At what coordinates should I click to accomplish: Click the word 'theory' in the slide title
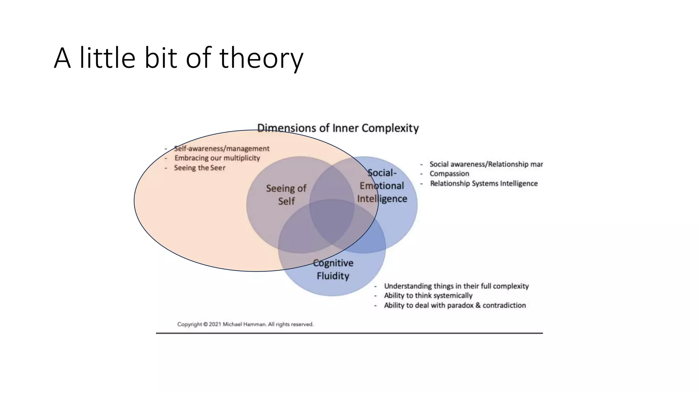pyautogui.click(x=261, y=58)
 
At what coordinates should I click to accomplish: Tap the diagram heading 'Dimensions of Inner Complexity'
pyautogui.click(x=338, y=128)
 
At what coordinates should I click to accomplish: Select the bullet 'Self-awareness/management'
pyautogui.click(x=222, y=148)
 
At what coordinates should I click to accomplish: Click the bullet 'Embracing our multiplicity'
pyautogui.click(x=217, y=158)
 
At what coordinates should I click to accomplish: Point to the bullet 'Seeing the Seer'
pyautogui.click(x=200, y=168)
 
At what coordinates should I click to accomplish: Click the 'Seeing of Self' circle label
pyautogui.click(x=286, y=194)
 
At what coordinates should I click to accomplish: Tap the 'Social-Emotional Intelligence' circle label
pyautogui.click(x=382, y=186)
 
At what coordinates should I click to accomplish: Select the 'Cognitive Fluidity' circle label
pyautogui.click(x=333, y=269)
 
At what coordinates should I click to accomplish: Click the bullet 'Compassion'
pyautogui.click(x=449, y=174)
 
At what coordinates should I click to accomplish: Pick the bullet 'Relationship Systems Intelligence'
pyautogui.click(x=484, y=184)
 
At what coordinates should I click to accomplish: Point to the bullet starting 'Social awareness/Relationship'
pyautogui.click(x=486, y=164)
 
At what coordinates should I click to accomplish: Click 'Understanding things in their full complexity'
pyautogui.click(x=456, y=286)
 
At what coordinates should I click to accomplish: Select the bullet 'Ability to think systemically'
pyautogui.click(x=428, y=295)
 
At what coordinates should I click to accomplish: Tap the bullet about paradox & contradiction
pyautogui.click(x=455, y=305)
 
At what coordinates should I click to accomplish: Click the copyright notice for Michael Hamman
pyautogui.click(x=245, y=324)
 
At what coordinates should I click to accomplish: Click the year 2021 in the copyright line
pyautogui.click(x=215, y=324)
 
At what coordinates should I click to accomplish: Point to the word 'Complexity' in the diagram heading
pyautogui.click(x=390, y=128)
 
